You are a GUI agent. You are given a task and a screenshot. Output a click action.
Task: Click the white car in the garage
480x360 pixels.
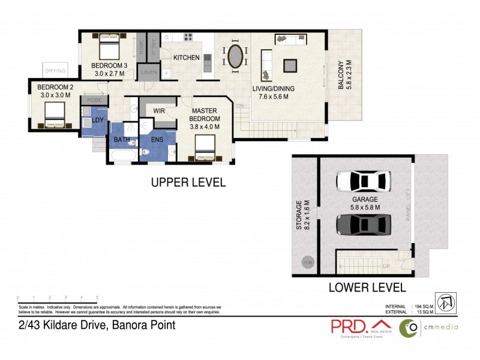point(364,180)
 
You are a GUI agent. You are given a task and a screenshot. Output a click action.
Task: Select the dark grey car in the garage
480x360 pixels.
point(364,224)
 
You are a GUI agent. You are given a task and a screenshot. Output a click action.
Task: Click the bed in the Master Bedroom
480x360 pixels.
point(205,146)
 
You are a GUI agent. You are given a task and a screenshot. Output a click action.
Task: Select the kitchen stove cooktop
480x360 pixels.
point(188,37)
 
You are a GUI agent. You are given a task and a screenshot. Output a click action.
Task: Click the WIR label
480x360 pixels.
point(159,111)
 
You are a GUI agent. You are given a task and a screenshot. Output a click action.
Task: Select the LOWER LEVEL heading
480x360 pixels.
point(367,287)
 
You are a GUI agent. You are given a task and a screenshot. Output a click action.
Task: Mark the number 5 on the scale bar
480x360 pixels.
point(97,298)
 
